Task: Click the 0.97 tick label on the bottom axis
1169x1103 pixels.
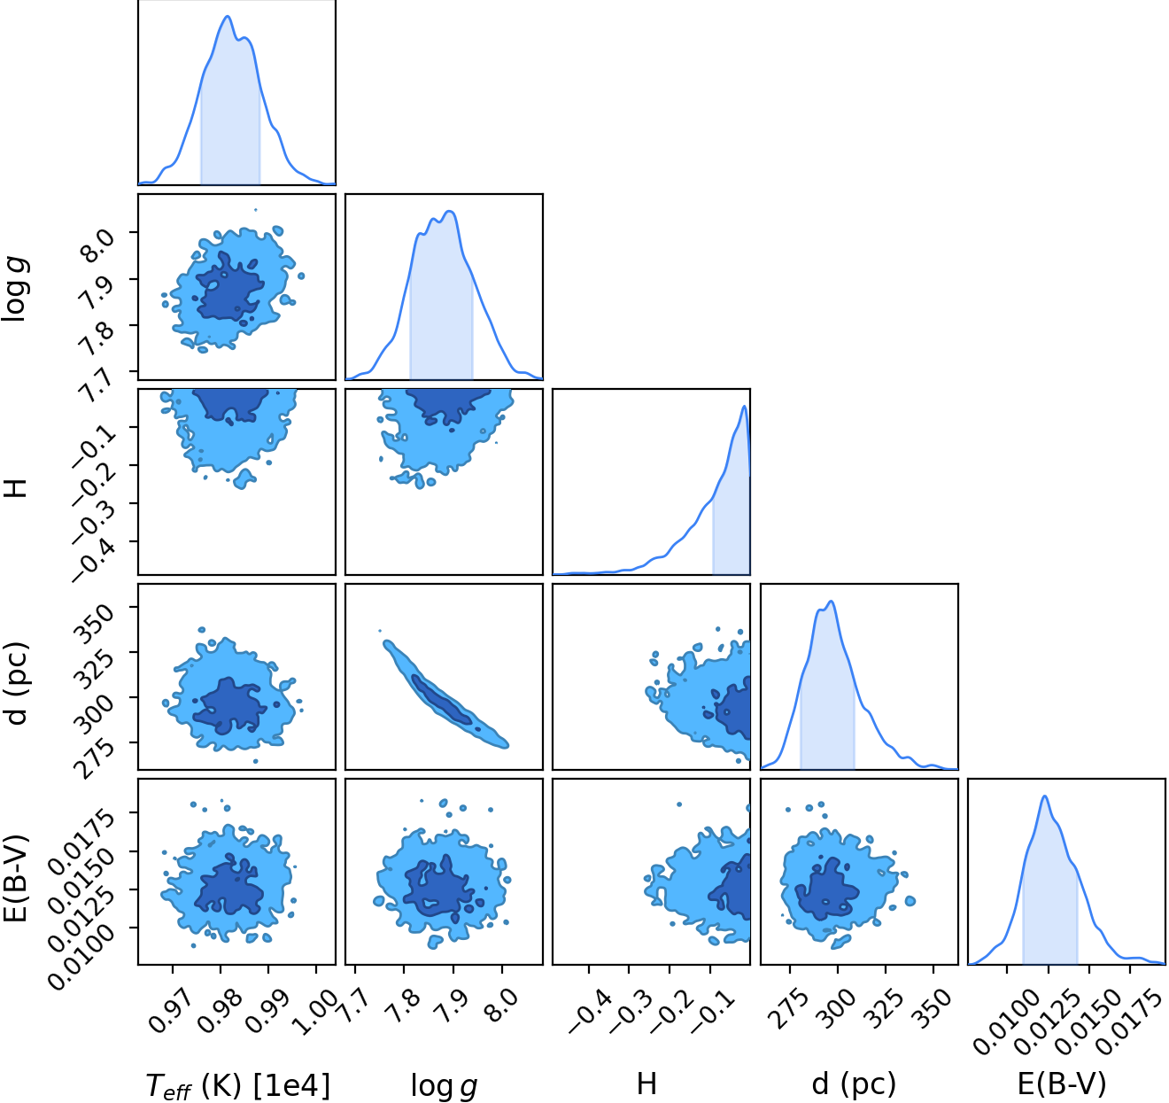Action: click(x=171, y=1011)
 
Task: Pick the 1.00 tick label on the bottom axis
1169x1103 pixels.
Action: click(x=314, y=1011)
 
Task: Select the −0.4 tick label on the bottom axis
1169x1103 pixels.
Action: click(x=591, y=1011)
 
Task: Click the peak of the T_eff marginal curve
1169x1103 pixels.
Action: click(x=228, y=16)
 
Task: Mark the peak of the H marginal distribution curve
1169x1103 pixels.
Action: click(x=745, y=406)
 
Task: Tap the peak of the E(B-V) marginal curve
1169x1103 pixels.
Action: click(x=1045, y=796)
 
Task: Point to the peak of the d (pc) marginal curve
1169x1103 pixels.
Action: click(x=831, y=602)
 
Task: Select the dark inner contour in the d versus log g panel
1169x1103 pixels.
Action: click(x=441, y=700)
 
